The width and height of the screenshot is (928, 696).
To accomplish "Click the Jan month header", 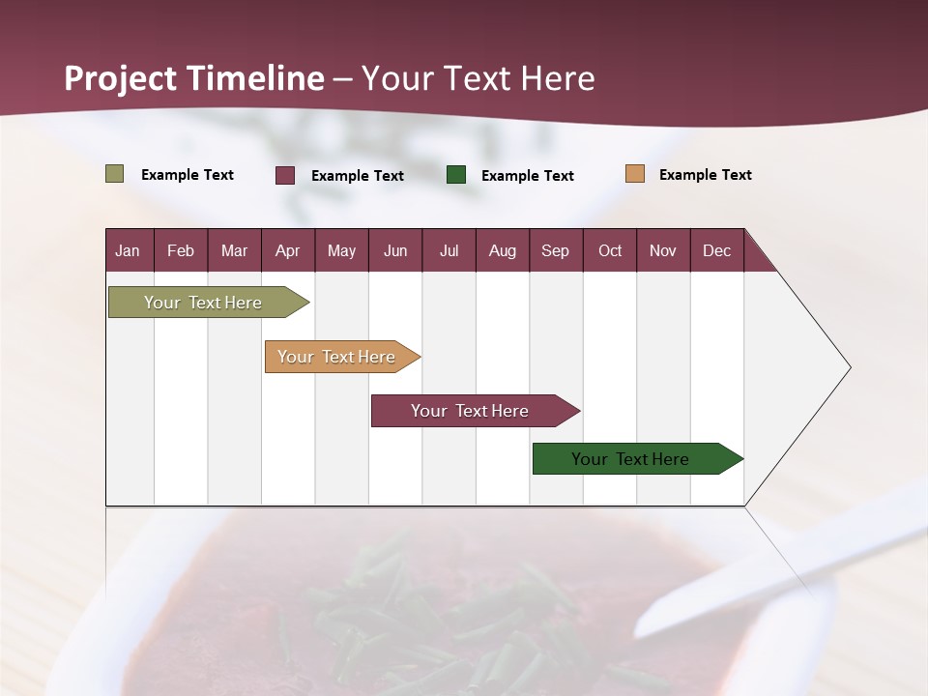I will click(x=129, y=250).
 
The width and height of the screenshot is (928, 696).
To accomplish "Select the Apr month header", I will click(x=288, y=250).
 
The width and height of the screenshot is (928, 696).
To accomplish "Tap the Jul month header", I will click(x=449, y=250).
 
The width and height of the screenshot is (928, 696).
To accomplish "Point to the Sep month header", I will click(x=556, y=250).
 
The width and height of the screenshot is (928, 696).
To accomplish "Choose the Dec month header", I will click(x=716, y=250).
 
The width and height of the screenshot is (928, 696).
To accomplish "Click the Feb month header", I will click(x=181, y=250).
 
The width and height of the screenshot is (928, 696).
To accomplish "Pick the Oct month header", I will click(x=610, y=250).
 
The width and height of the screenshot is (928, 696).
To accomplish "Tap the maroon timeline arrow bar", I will click(x=471, y=411).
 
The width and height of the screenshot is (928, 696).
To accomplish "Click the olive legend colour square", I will click(x=115, y=174).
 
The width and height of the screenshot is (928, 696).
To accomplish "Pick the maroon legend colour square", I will click(x=285, y=175).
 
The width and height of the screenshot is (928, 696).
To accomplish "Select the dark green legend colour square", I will click(x=456, y=175).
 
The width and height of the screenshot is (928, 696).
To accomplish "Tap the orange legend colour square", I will click(x=634, y=174).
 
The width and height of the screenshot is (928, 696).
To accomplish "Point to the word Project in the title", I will click(x=121, y=78).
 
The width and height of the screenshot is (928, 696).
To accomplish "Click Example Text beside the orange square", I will click(x=705, y=175).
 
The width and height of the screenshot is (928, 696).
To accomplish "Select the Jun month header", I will click(x=395, y=250).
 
